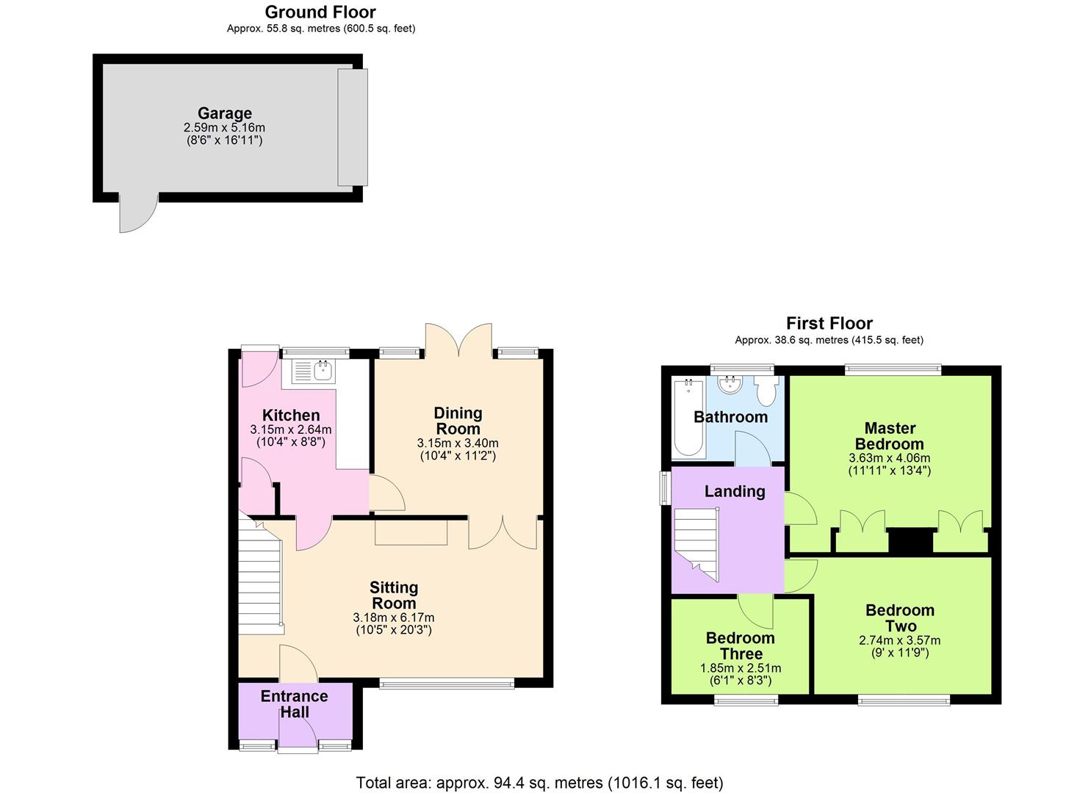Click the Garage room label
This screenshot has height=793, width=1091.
click(x=224, y=113)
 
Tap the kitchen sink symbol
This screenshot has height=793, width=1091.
click(x=314, y=372)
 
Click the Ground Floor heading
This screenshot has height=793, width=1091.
click(x=320, y=12)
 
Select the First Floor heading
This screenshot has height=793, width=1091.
click(x=829, y=323)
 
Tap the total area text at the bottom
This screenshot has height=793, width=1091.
click(x=539, y=783)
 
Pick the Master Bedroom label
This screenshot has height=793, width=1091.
click(x=889, y=436)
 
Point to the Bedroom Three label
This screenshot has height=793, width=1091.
click(x=740, y=646)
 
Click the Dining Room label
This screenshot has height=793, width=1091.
click(x=458, y=421)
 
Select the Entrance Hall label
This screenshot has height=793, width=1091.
click(x=294, y=704)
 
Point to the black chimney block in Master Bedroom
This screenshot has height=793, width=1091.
click(x=911, y=541)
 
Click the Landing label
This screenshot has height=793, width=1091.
click(x=735, y=491)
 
